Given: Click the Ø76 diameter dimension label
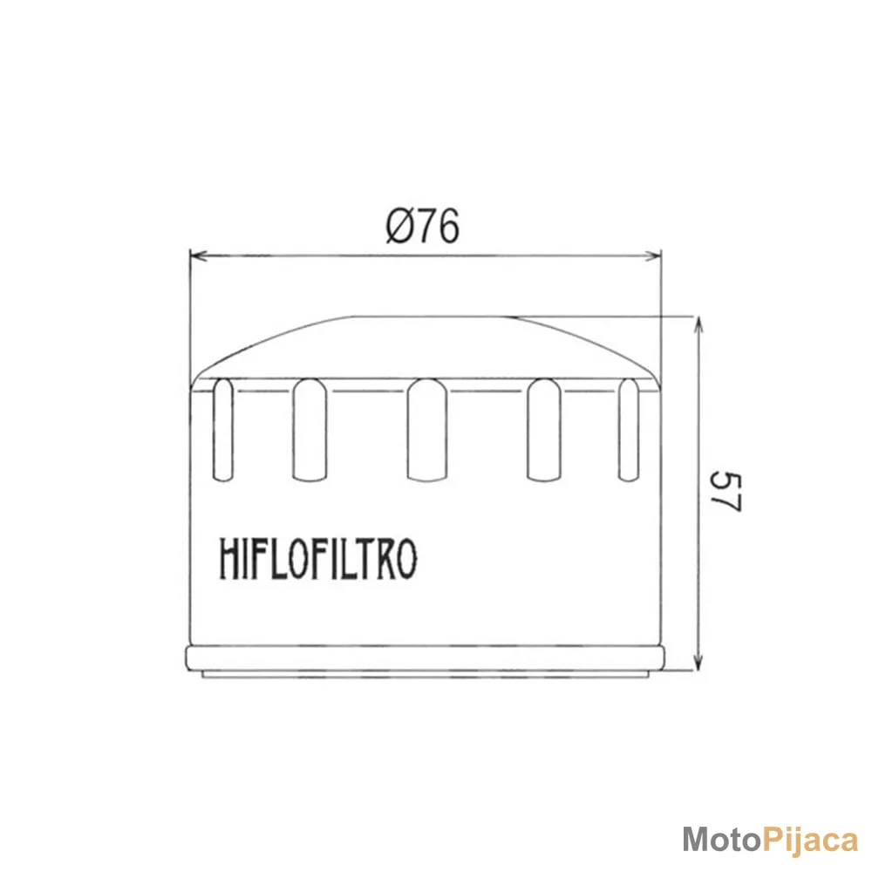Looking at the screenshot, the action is pos(423,227).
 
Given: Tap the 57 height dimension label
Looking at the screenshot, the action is pos(726,492).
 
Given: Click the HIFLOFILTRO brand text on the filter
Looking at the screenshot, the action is pos(318,558).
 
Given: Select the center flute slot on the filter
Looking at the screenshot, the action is pos(427,429).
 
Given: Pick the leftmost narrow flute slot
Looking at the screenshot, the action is pos(223,429).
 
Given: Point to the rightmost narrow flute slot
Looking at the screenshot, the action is pos(629,429).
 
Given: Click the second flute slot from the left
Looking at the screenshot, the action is pos(310,429).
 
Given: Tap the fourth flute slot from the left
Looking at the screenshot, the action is pos(544,429).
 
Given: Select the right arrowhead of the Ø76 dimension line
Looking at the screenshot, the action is pos(653,255).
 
